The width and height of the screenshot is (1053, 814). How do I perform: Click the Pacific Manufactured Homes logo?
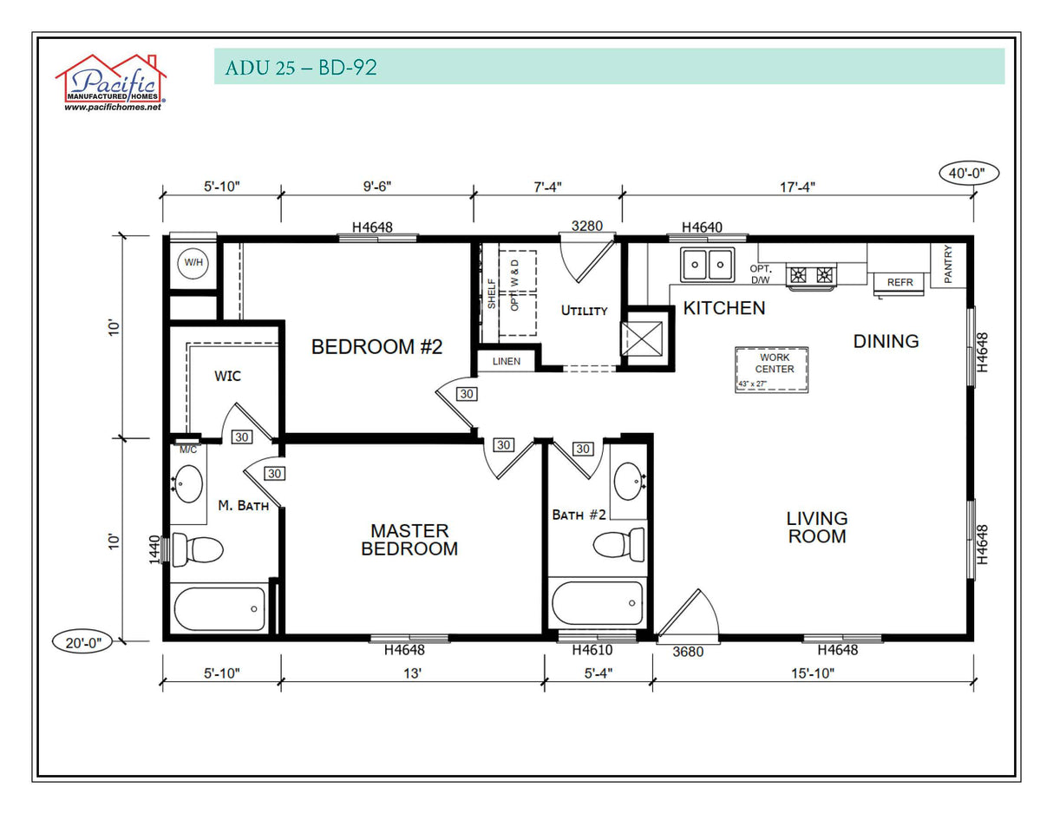tap(111, 83)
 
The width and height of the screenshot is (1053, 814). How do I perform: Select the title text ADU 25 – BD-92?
tap(301, 68)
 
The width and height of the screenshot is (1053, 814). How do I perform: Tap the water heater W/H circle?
tap(192, 261)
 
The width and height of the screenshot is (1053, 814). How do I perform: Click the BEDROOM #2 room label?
tap(377, 347)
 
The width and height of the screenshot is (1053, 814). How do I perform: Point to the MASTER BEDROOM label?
tap(409, 539)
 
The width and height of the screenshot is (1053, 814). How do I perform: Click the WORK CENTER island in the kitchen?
tap(773, 369)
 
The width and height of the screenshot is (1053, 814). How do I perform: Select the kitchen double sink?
tap(707, 262)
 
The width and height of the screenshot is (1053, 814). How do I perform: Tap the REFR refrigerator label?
tap(899, 283)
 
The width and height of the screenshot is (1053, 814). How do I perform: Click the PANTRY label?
tap(948, 265)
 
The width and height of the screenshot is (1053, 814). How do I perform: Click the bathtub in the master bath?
tap(219, 608)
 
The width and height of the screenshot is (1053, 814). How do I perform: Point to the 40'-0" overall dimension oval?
tap(968, 173)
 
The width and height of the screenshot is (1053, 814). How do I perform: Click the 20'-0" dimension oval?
tap(82, 643)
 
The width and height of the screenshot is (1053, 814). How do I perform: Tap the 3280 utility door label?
tap(586, 226)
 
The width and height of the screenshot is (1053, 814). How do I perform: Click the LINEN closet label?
tap(507, 361)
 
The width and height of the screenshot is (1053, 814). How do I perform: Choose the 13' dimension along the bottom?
tap(411, 673)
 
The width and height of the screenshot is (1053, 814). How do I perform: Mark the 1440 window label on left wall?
tap(155, 549)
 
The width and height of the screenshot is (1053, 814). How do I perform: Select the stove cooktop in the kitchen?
tap(811, 275)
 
